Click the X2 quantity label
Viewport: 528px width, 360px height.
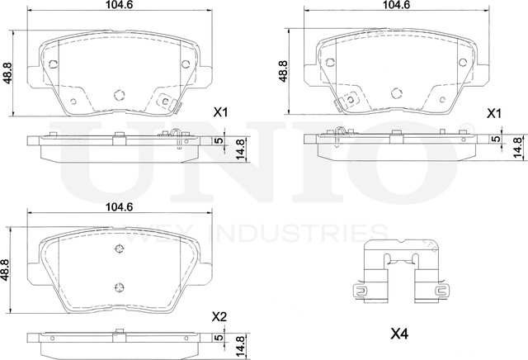tap(219, 316)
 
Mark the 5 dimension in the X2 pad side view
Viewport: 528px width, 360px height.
tap(219, 339)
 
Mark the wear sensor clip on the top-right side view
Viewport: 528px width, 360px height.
tap(341, 132)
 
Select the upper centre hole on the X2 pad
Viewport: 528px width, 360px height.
tap(118, 249)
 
